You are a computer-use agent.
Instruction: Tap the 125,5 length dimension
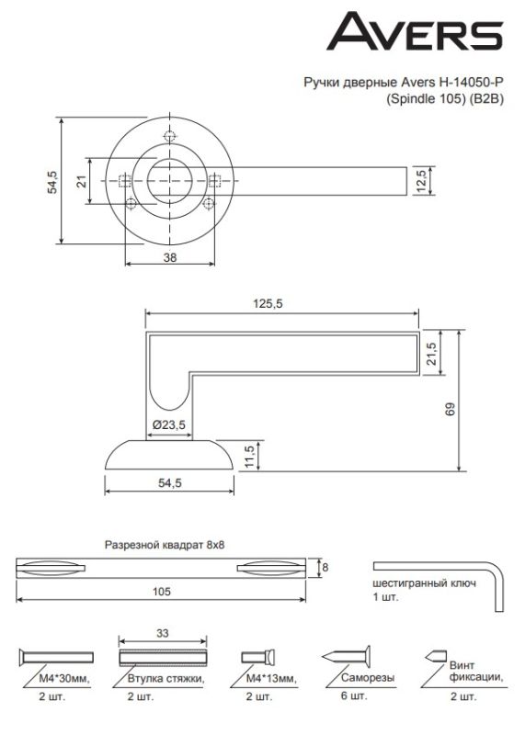[268, 304]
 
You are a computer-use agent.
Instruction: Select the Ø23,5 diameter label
[169, 424]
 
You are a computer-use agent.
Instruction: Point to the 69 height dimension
[451, 409]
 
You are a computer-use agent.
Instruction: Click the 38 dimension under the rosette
[170, 257]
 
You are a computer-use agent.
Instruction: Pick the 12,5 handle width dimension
[421, 180]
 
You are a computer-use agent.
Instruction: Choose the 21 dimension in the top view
[82, 181]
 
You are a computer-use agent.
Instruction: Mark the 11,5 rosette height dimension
[249, 456]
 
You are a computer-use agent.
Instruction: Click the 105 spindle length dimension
[162, 592]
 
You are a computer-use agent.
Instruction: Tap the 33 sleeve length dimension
[163, 633]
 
